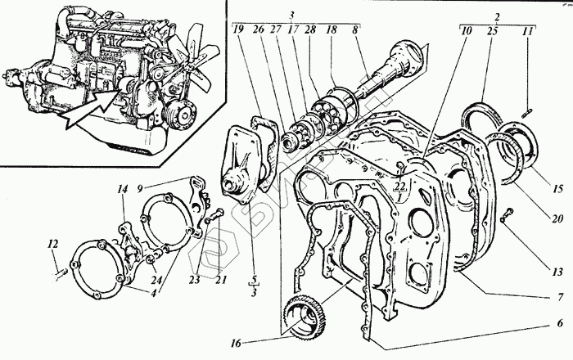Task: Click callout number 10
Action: pyautogui.click(x=466, y=31)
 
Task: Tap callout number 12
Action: pyautogui.click(x=52, y=242)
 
